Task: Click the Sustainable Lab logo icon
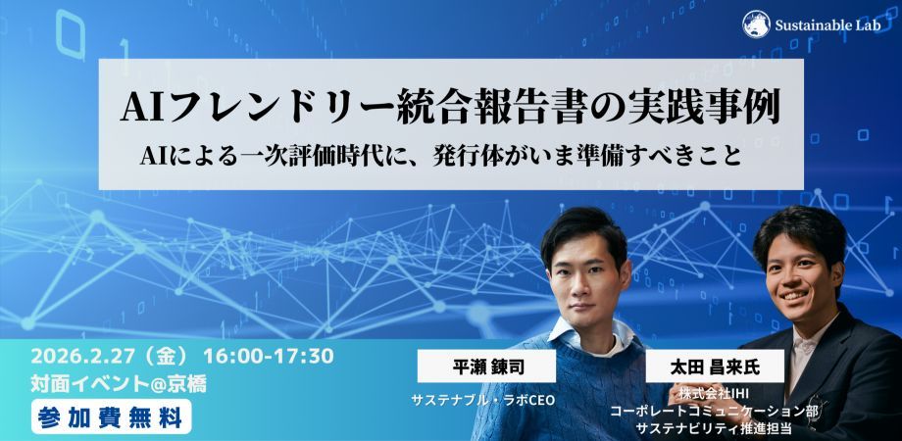(x=755, y=23)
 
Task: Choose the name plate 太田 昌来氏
(x=722, y=367)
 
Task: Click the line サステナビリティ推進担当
(x=720, y=427)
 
